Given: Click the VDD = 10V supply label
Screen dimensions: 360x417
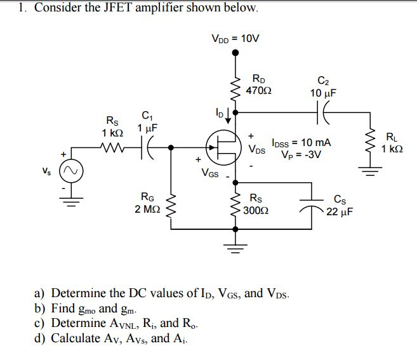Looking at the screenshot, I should pyautogui.click(x=235, y=38).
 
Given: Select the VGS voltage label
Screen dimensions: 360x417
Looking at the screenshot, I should pyautogui.click(x=209, y=172).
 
